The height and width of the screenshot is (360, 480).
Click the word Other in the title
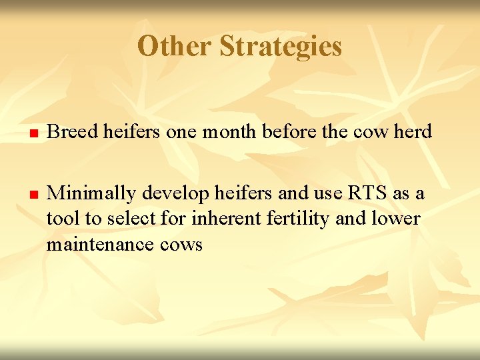coord(175,47)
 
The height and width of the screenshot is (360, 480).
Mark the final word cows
coord(181,245)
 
